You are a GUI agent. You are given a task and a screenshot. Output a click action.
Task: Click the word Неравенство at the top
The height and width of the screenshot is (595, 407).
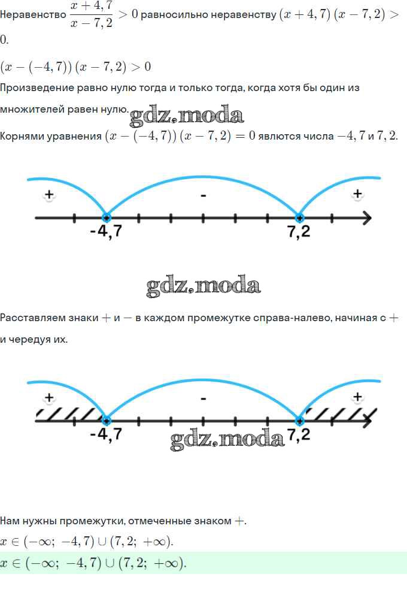[x=33, y=15]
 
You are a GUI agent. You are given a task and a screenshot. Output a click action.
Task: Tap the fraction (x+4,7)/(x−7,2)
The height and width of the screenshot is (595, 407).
[x=92, y=15]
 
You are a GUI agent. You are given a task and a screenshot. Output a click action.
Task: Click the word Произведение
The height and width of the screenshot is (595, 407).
[x=37, y=88]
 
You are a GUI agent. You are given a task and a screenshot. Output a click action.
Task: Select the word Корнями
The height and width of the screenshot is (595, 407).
[x=25, y=136]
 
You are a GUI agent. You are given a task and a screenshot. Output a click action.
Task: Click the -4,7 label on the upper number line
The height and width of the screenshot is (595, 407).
[x=106, y=230]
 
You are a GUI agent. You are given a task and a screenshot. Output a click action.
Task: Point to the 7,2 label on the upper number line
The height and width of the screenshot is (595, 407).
[x=299, y=231]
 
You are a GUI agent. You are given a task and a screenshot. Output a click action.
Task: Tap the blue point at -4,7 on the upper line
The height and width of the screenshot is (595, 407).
[x=107, y=218]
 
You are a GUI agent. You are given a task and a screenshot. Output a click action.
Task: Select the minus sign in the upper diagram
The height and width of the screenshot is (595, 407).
[x=203, y=196]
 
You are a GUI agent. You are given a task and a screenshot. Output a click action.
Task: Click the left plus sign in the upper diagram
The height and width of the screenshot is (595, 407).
[x=49, y=195]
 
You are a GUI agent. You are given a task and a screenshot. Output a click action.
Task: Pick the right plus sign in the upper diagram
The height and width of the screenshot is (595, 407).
[x=357, y=194]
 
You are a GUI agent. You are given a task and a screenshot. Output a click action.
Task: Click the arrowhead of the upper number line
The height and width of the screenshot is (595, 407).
[x=367, y=218]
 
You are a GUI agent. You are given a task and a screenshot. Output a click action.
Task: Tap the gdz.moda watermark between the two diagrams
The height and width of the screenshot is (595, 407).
[x=203, y=286]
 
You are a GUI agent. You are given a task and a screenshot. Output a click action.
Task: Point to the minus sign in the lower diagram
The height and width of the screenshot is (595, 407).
[x=203, y=399]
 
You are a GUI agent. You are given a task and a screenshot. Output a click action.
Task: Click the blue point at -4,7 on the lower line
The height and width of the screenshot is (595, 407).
[x=107, y=421]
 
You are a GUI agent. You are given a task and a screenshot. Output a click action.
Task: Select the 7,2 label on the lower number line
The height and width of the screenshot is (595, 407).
[x=299, y=434]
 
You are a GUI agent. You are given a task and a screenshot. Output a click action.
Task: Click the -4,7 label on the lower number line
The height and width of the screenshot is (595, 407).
[x=106, y=433]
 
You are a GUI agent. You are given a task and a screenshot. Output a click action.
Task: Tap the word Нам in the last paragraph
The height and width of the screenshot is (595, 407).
[x=10, y=521]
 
